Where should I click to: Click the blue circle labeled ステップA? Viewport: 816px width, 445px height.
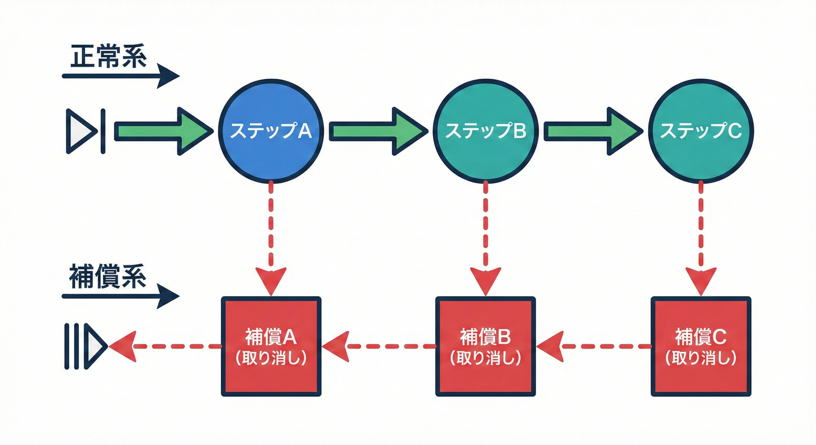pyautogui.click(x=271, y=132)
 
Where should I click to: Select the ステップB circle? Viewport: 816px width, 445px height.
pyautogui.click(x=486, y=132)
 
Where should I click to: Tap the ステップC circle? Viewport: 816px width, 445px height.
pyautogui.click(x=701, y=132)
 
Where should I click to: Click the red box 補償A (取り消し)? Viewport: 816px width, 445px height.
pyautogui.click(x=271, y=346)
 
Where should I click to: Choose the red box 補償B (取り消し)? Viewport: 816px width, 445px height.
pyautogui.click(x=486, y=346)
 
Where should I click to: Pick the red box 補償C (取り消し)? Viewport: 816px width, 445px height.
pyautogui.click(x=701, y=346)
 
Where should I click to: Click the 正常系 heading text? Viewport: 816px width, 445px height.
pyautogui.click(x=108, y=58)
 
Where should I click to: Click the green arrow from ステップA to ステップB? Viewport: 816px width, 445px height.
pyautogui.click(x=377, y=132)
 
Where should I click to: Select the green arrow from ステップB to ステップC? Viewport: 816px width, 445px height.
pyautogui.click(x=592, y=132)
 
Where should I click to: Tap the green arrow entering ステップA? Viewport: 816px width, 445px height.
pyautogui.click(x=162, y=132)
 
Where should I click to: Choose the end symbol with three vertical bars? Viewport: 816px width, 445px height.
pyautogui.click(x=85, y=346)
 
